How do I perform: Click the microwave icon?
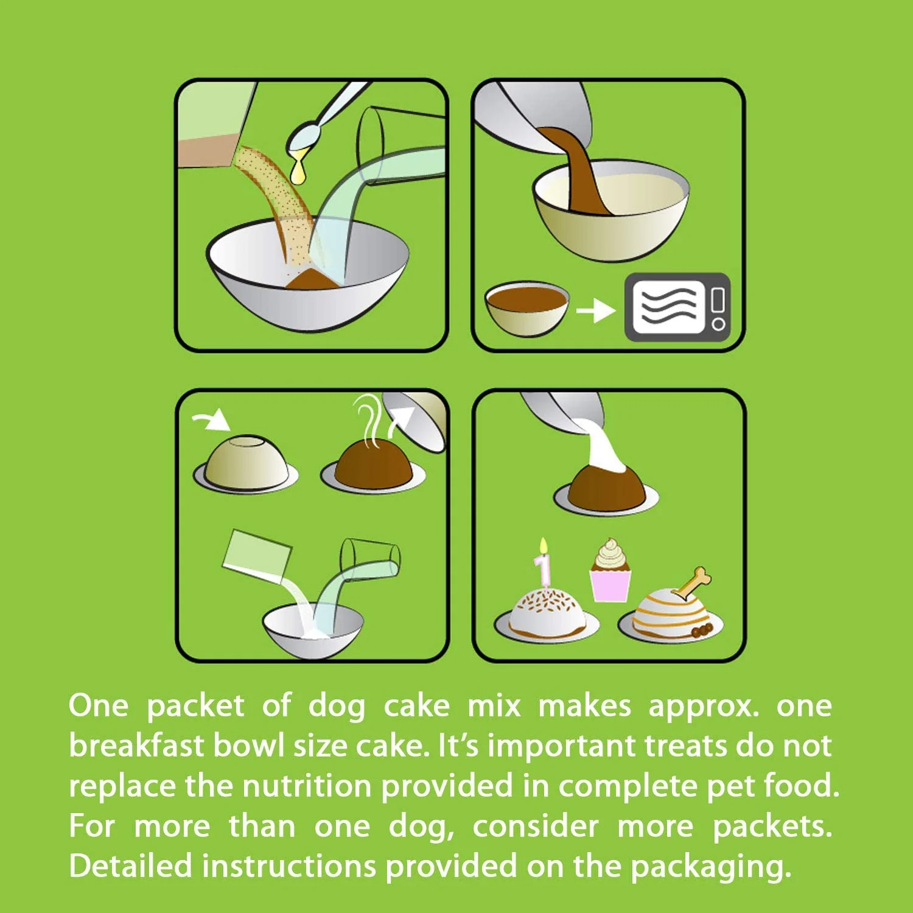coord(677,307)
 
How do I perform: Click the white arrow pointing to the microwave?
coord(596,311)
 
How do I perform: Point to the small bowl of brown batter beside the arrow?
coord(527,308)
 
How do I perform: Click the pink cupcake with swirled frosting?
coord(610,570)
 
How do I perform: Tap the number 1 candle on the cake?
coord(543,563)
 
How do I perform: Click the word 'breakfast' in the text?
coord(136,746)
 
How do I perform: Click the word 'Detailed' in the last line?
coord(130,866)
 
